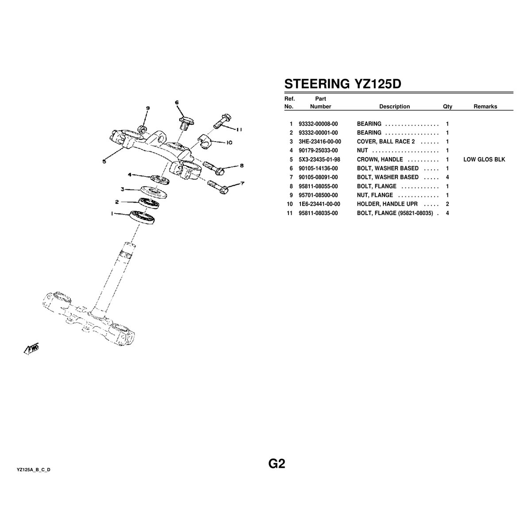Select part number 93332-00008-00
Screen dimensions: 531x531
[318, 124]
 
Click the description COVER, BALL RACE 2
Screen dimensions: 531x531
[385, 142]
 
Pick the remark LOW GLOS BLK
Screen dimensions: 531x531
[484, 159]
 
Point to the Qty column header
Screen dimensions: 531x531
[447, 107]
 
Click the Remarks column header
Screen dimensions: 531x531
[485, 107]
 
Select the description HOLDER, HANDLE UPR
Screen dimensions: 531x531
[387, 204]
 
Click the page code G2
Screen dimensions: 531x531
[277, 464]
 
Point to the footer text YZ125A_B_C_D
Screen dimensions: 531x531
[34, 469]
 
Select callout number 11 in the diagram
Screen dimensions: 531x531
[239, 130]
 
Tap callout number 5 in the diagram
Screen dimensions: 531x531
[104, 161]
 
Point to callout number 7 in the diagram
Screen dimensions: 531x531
[242, 183]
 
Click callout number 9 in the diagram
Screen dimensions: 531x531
[148, 108]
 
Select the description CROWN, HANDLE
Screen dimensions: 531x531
[380, 159]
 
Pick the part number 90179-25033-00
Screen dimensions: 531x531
[318, 150]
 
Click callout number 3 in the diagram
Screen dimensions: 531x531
[123, 189]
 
